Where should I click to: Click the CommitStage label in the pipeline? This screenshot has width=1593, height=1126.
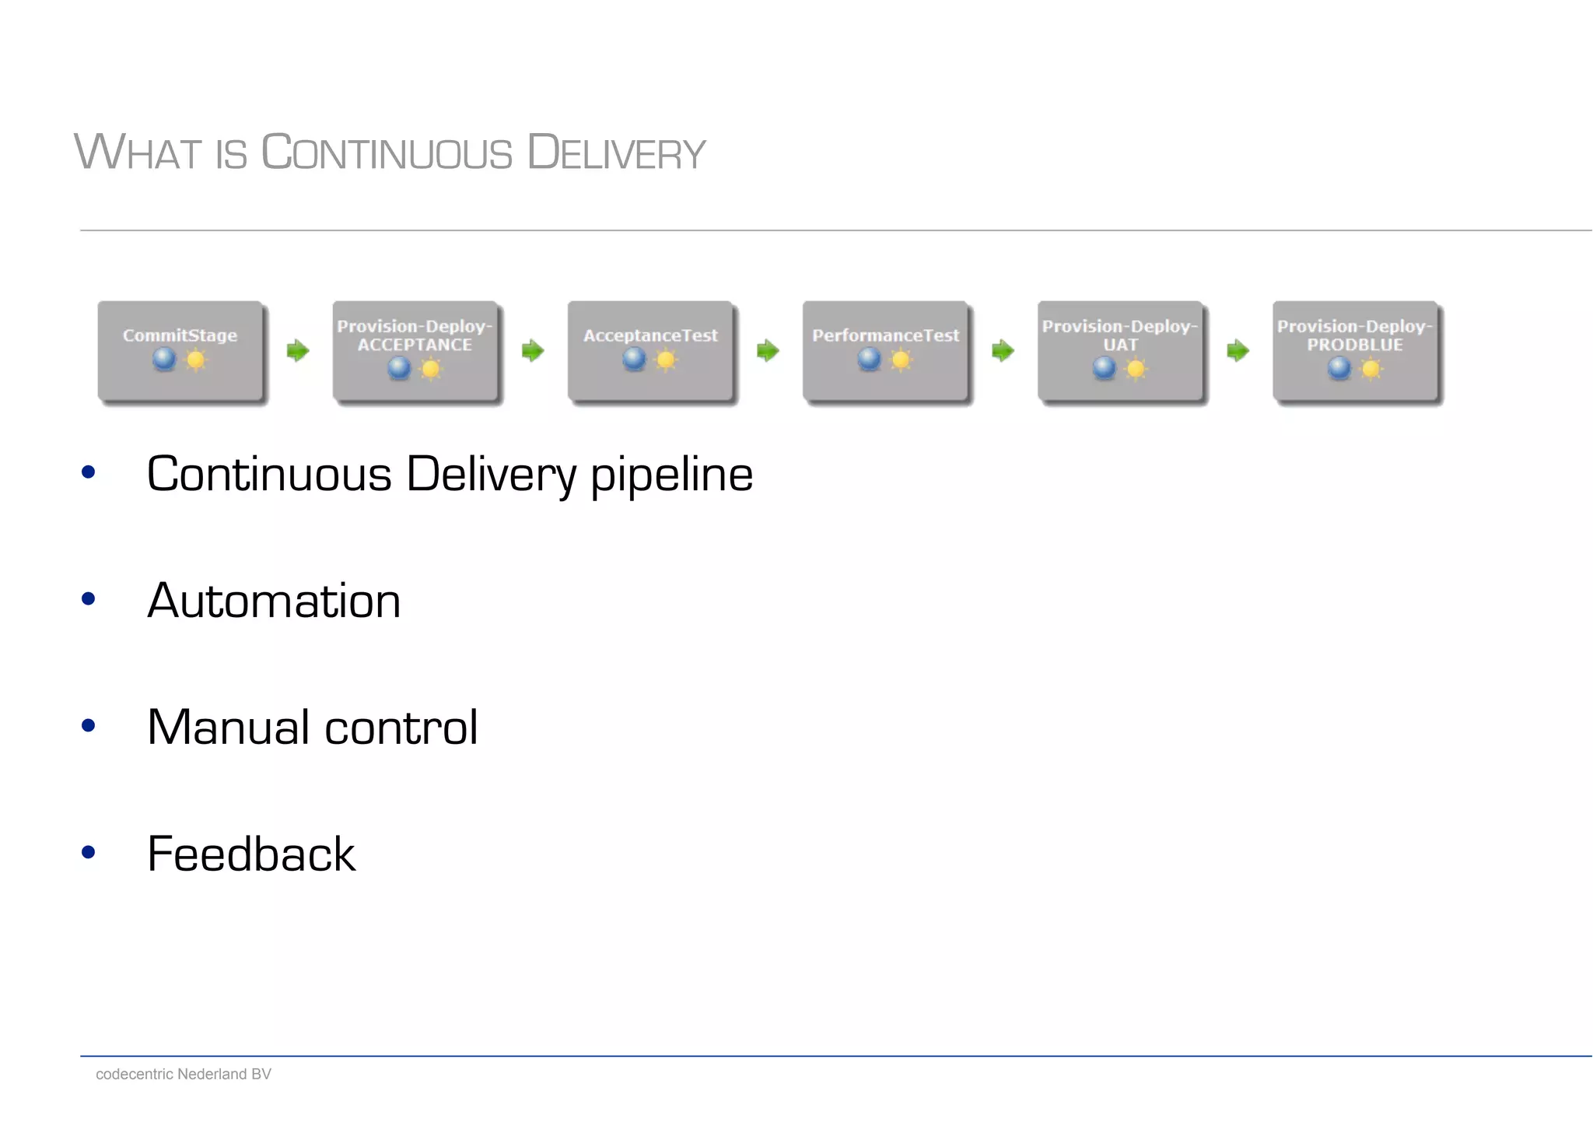coord(180,335)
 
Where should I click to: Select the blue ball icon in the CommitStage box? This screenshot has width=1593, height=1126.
coord(164,359)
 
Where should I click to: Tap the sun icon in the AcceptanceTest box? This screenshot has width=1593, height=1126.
coord(666,360)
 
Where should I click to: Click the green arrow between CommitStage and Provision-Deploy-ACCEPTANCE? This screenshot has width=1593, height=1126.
coord(298,351)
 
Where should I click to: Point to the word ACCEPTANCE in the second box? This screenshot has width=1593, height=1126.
coord(415,345)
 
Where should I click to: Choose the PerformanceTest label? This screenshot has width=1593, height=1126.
coord(885,335)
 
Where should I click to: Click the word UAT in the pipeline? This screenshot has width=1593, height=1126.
coord(1120,345)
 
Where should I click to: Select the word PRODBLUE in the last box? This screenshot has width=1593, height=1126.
coord(1354,345)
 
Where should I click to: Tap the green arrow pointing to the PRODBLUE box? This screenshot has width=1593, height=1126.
coord(1238,351)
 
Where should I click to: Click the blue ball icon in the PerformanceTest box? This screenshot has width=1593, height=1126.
coord(869,359)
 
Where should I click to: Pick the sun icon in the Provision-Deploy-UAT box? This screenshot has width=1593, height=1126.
coord(1136,369)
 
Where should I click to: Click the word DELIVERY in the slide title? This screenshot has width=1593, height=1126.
coord(616,153)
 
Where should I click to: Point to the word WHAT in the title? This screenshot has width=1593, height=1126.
coord(138,153)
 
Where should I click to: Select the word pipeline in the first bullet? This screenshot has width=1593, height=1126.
coord(671,475)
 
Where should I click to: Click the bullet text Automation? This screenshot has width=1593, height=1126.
coord(274,601)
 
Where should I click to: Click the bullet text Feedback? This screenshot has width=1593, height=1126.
coord(250,854)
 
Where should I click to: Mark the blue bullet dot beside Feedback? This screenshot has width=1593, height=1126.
coord(88,852)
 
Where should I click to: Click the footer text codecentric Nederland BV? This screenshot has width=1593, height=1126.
coord(183,1074)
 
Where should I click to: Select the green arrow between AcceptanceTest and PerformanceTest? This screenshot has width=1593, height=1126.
coord(768,351)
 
